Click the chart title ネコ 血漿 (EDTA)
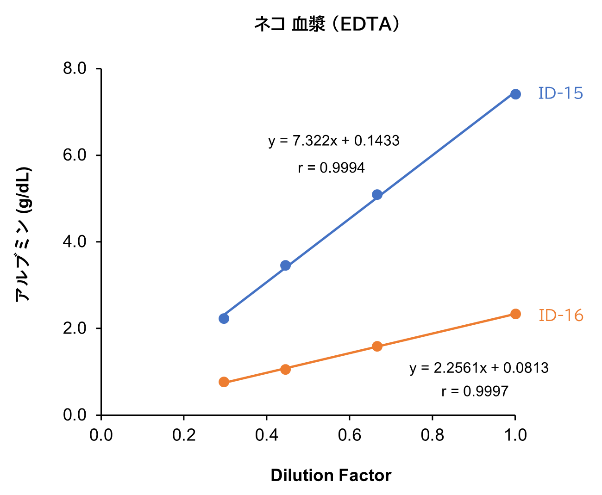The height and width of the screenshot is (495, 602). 327,24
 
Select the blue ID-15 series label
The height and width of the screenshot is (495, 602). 560,93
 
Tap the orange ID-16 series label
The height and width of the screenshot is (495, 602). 561,316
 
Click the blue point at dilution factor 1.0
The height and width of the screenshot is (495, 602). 515,94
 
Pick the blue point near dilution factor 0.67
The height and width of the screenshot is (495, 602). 377,195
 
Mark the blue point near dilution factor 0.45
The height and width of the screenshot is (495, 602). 285,266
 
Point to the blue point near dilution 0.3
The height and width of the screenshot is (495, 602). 224,318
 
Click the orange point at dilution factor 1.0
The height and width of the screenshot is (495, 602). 515,314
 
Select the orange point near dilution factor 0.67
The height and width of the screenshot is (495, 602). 377,346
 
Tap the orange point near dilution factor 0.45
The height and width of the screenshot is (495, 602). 285,369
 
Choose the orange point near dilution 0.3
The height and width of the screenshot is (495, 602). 224,382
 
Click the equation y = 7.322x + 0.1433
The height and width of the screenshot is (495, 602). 334,141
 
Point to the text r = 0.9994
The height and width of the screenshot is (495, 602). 332,168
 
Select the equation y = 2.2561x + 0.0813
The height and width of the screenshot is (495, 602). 479,368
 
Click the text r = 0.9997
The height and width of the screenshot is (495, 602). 475,392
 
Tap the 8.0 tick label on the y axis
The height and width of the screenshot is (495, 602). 75,68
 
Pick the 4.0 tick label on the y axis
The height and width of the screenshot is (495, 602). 75,242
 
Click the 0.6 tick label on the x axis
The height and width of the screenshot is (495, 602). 349,435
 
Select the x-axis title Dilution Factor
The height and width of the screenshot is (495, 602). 331,476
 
